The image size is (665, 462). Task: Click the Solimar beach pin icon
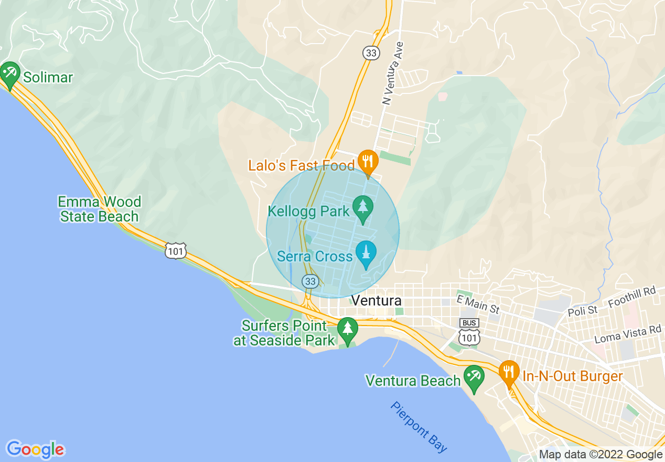9,74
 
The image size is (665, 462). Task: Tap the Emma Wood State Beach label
99,209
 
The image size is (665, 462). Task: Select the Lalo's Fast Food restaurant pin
368,162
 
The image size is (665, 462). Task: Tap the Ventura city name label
377,301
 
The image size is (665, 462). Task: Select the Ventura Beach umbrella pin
474,377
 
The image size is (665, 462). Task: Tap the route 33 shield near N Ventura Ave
371,52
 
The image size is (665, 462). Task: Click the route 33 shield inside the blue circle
310,281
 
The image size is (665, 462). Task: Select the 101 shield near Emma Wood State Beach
175,251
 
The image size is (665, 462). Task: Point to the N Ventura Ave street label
393,73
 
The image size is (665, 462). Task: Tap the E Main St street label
478,304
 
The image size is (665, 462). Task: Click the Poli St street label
583,311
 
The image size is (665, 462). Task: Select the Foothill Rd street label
632,298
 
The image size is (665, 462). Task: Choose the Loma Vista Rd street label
627,333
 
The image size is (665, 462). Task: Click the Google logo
35,449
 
